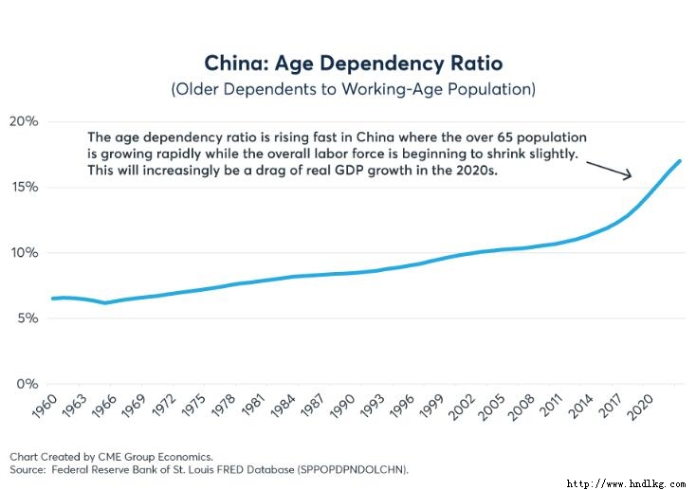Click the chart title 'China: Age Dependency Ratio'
[353, 64]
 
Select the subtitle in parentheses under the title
[353, 90]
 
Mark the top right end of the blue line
[680, 161]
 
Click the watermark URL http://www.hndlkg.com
[626, 482]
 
